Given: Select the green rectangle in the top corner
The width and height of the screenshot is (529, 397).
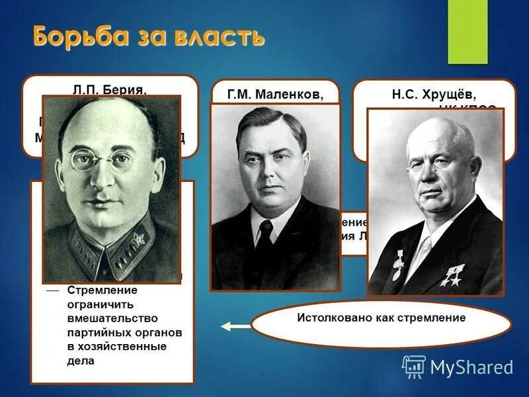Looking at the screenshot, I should tap(467, 31).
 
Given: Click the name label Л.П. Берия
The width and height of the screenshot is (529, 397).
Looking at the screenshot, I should tap(110, 89).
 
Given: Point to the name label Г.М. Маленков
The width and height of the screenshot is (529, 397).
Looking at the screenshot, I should tap(275, 95).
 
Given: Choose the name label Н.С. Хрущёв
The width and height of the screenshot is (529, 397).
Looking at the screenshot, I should tap(434, 95).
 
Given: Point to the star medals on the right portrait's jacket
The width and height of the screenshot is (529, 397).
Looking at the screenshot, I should tap(452, 276).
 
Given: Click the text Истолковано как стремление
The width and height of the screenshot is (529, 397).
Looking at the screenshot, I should tap(382, 318).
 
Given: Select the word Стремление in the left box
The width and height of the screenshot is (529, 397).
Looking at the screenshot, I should tap(102, 290).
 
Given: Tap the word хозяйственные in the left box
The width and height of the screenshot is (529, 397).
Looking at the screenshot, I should tap(116, 347).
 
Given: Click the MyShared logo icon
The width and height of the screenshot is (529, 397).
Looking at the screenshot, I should tap(414, 367).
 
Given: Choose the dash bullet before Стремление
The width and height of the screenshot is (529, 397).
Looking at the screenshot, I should tap(52, 290).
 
